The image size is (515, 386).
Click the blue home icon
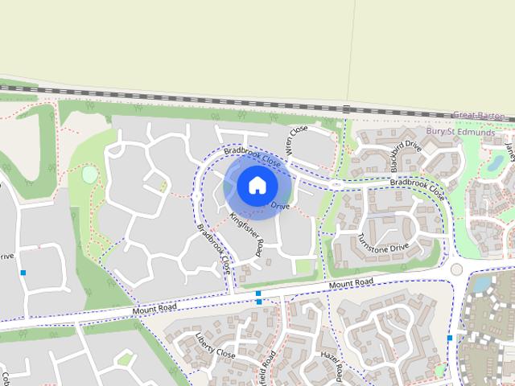point(257,186)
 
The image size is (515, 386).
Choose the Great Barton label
point(479,116)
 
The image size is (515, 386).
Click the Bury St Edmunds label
point(460,131)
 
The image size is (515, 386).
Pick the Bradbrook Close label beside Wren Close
point(252,156)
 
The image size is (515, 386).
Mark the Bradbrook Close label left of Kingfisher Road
point(214,249)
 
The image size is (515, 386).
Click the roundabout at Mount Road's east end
point(457,269)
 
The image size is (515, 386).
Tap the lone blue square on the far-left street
point(23,273)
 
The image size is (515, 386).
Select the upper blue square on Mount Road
point(258,294)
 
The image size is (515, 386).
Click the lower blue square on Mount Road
point(258,302)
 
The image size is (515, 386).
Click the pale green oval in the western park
point(89,173)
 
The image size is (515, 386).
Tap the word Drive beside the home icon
point(279,207)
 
